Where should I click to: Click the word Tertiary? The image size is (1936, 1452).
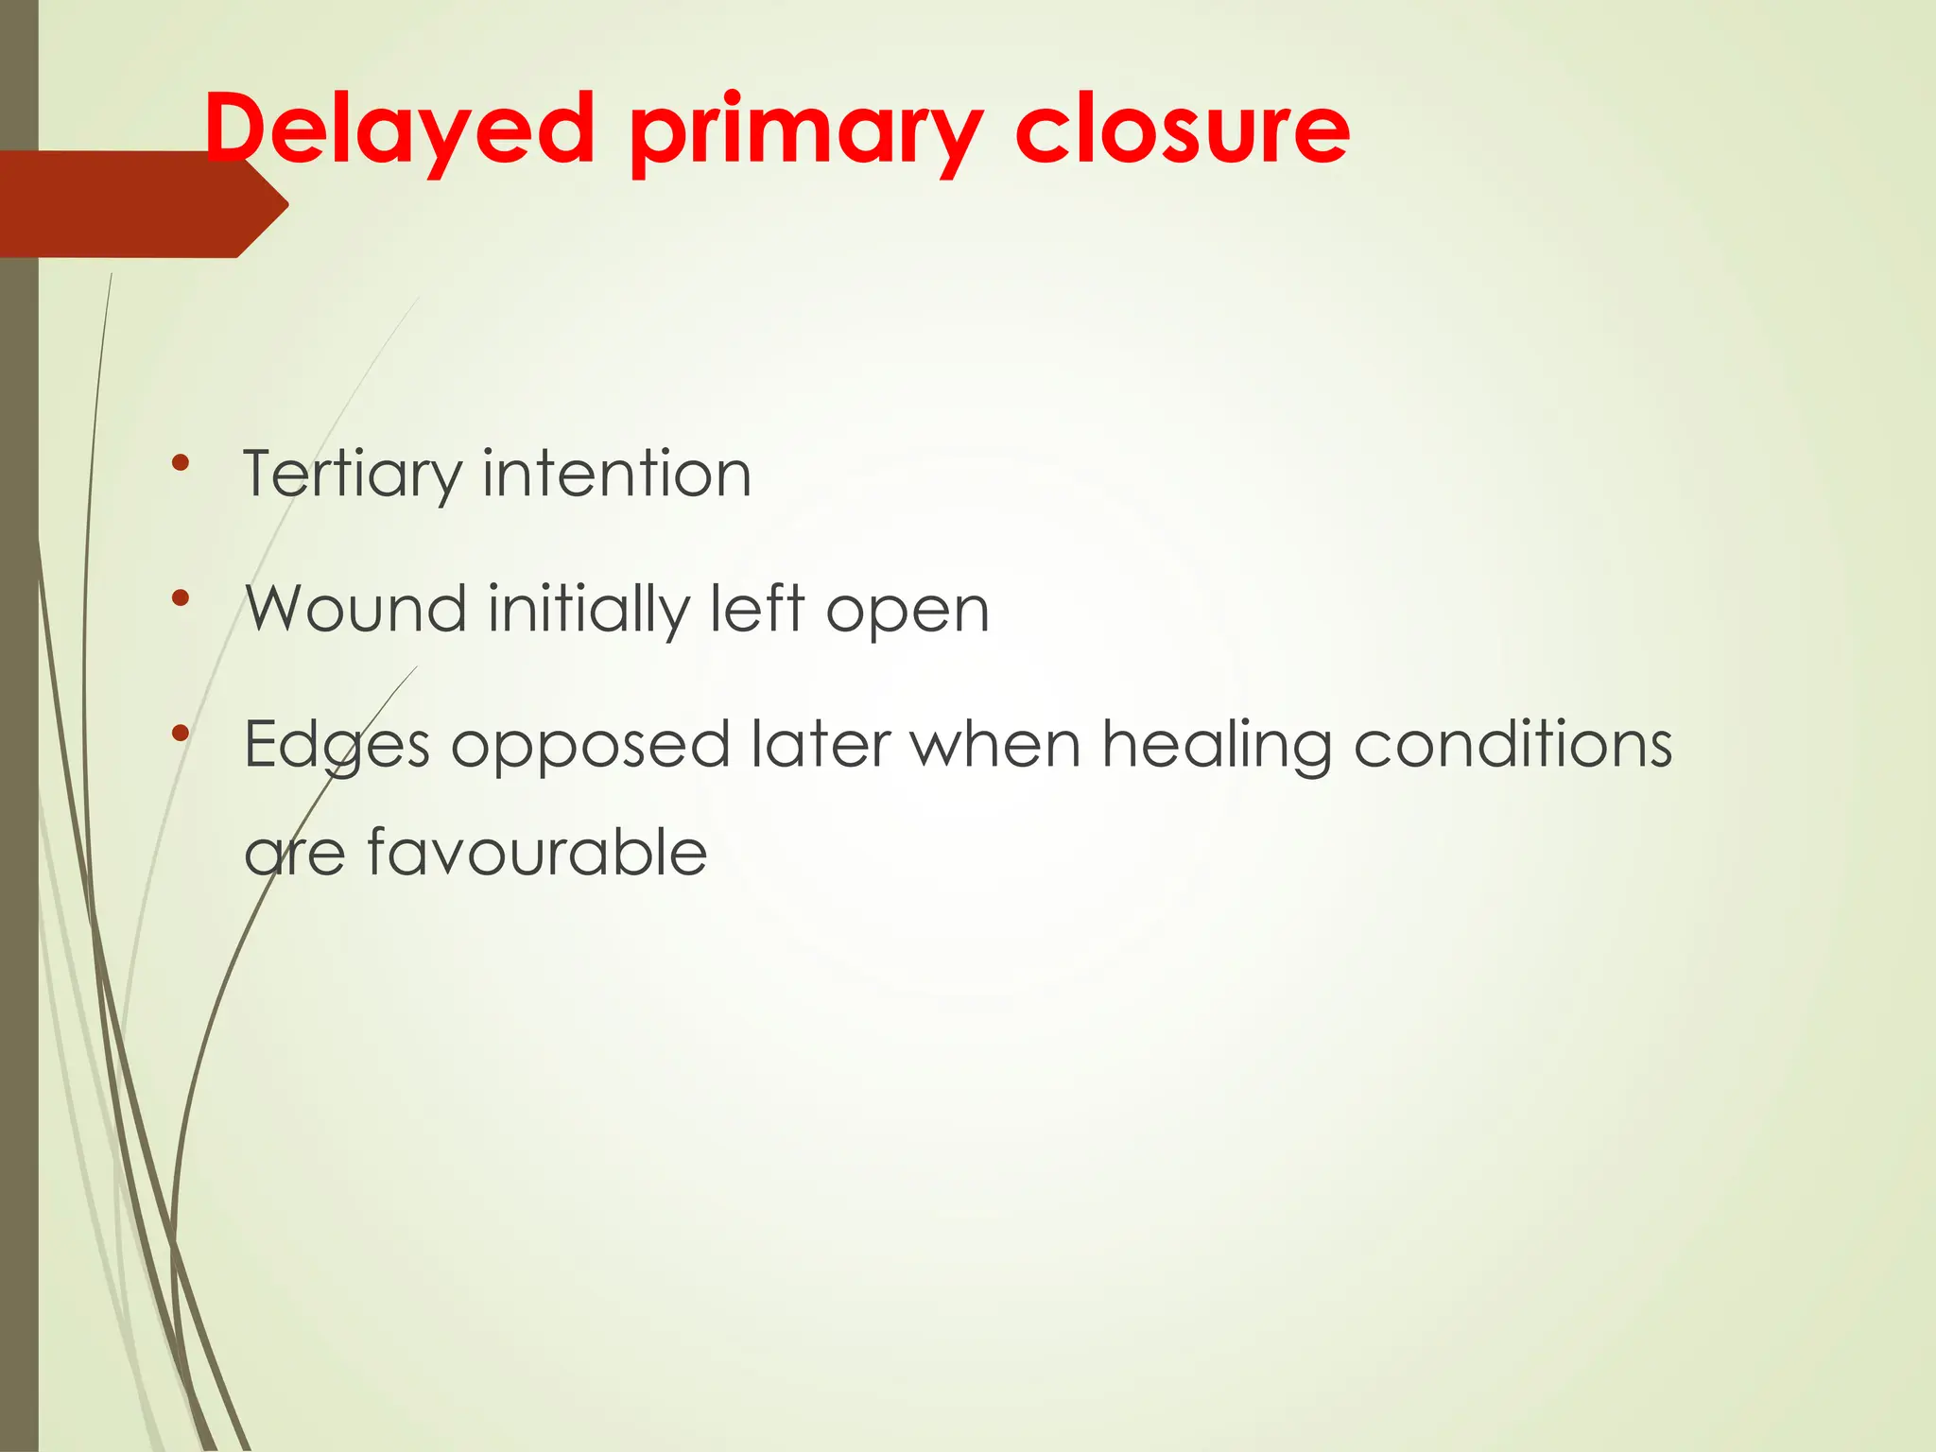click(351, 475)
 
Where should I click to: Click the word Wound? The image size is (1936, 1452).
click(355, 609)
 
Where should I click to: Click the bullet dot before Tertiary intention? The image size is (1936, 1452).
click(181, 462)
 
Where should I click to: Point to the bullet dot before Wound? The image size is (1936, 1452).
click(181, 597)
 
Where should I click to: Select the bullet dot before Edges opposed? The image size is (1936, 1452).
click(181, 733)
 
